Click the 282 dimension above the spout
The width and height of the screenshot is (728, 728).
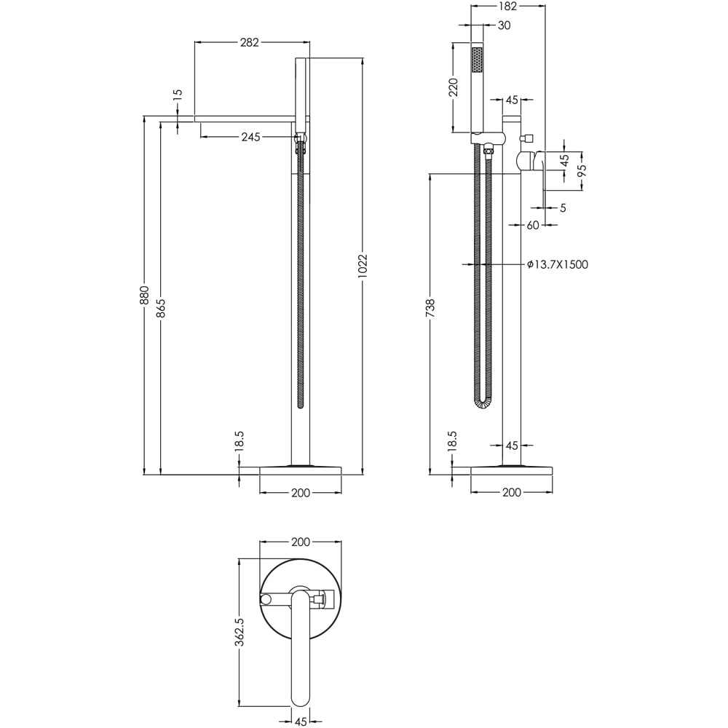point(249,42)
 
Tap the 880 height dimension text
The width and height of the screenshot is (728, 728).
point(144,295)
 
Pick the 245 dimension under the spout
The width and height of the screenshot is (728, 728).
point(250,137)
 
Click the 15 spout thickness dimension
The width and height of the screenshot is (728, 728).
point(178,95)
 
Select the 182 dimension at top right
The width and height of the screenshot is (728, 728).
point(507,7)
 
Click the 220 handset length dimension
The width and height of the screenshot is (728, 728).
point(453,87)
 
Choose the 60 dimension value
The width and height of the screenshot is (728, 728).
point(532,226)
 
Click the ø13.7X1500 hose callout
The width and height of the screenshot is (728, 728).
point(557,265)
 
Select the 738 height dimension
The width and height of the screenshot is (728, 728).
point(430,308)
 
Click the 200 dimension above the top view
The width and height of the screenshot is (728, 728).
point(301,542)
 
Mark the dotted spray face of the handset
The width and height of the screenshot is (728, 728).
point(477,60)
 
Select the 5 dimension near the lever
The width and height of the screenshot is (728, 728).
point(563,208)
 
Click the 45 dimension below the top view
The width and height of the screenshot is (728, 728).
point(300,721)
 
